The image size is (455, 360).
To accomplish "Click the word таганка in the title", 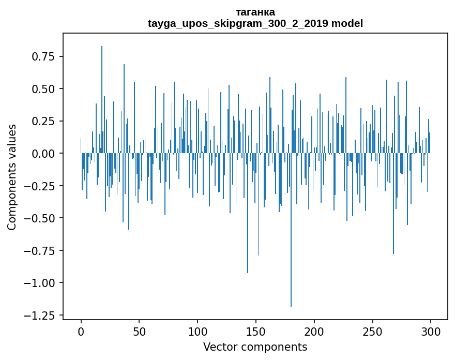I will pyautogui.click(x=255, y=12).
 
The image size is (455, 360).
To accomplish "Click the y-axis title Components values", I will pyautogui.click(x=12, y=177).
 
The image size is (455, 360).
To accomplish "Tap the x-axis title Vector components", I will pyautogui.click(x=255, y=347).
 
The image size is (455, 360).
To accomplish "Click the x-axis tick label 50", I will pyautogui.click(x=139, y=332).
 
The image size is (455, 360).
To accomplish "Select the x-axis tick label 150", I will pyautogui.click(x=255, y=332).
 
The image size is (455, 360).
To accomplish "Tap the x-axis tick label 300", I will pyautogui.click(x=430, y=332).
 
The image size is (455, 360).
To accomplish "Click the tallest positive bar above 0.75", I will pyautogui.click(x=102, y=98).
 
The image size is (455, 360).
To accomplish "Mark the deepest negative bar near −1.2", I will pyautogui.click(x=291, y=230).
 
